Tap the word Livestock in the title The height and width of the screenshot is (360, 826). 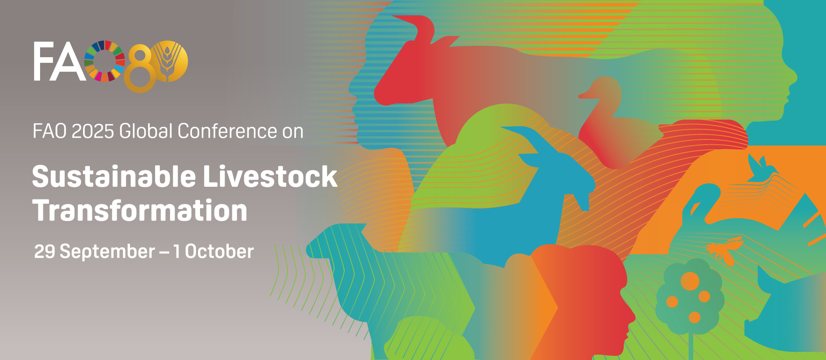tap(270, 177)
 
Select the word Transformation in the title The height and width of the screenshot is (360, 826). tap(140, 211)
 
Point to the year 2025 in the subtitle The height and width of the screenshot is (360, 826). tap(93, 131)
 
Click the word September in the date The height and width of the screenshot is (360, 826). tap(107, 251)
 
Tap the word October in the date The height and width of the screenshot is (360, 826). tap(219, 251)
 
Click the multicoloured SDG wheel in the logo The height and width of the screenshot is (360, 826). tap(104, 61)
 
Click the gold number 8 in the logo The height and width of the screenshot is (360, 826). tap(140, 69)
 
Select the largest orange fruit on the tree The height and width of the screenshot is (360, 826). tap(690, 281)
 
